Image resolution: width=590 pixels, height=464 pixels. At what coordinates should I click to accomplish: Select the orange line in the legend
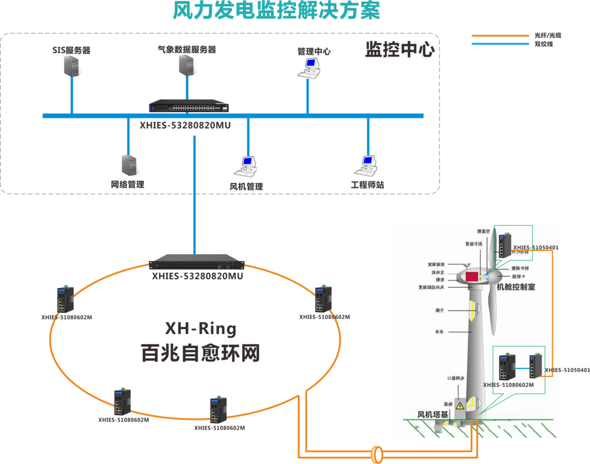500,35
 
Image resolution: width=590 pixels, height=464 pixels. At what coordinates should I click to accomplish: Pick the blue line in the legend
500,44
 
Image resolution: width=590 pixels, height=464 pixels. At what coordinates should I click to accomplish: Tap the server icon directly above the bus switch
186,64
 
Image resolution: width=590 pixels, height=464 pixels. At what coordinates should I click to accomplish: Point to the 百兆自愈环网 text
201,353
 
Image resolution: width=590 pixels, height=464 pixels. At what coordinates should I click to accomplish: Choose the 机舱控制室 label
516,287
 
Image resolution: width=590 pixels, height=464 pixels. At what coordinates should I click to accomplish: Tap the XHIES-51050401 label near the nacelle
535,248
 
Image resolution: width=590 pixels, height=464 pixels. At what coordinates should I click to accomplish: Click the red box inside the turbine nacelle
472,276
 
